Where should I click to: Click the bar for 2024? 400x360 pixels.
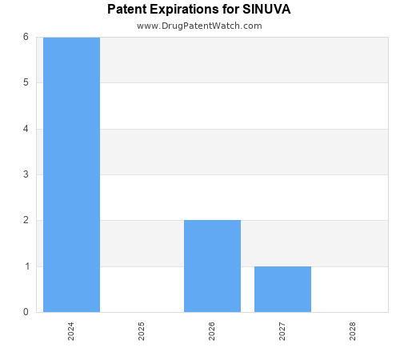click(71, 174)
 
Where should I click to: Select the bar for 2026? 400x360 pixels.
click(212, 266)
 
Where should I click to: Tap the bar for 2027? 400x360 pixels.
click(282, 289)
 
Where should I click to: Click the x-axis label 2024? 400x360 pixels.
click(71, 331)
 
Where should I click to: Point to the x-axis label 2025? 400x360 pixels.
click(142, 331)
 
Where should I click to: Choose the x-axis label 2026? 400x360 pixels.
click(212, 331)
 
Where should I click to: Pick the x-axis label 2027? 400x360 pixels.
click(282, 331)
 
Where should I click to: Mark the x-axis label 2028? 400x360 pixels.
click(353, 331)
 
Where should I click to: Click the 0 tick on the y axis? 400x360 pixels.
click(26, 312)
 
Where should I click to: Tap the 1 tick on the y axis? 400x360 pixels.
click(26, 266)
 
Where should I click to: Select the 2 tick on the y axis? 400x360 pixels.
click(26, 220)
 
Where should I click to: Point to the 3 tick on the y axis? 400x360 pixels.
click(26, 174)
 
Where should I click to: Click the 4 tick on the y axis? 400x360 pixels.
click(26, 129)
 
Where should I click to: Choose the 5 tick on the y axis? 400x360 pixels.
click(26, 82)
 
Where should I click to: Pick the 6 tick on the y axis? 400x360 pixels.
click(26, 37)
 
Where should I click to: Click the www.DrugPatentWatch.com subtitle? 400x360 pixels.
click(199, 26)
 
